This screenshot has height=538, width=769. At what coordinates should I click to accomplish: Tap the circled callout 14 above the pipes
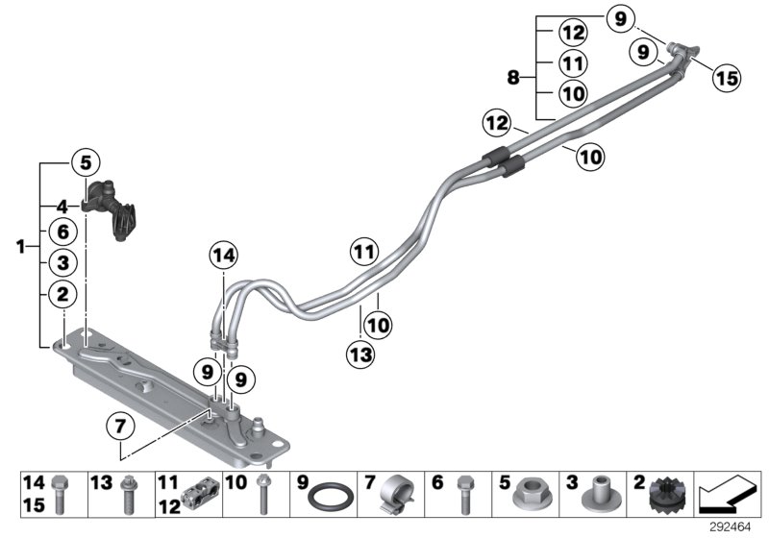point(223,257)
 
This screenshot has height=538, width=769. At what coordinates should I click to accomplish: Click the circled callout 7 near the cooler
point(120,424)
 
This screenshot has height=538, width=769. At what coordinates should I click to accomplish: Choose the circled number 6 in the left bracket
point(62,232)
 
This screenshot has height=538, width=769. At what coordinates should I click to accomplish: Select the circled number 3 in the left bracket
point(62,262)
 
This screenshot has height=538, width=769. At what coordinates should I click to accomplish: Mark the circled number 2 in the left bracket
point(62,295)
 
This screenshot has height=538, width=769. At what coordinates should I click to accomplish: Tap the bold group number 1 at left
point(21,248)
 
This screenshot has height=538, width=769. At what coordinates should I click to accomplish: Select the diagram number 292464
point(734,526)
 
